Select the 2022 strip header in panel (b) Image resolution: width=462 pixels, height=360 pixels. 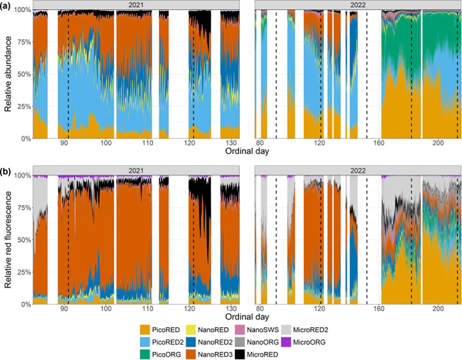[357, 170]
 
